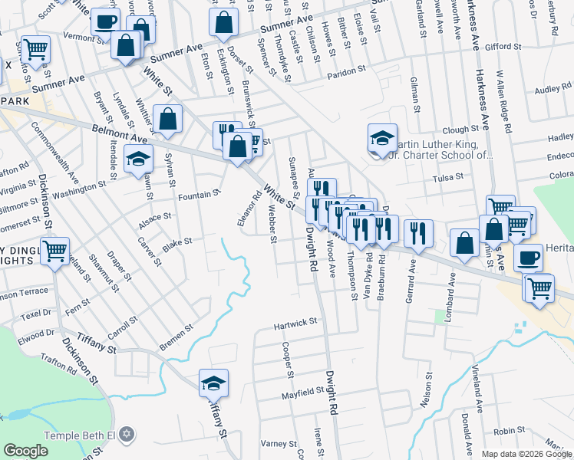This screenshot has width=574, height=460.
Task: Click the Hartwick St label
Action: (x=296, y=324)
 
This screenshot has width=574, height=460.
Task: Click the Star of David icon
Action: (x=127, y=435)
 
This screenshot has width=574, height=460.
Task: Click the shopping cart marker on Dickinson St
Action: (x=55, y=251)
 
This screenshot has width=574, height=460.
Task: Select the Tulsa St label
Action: (x=447, y=176)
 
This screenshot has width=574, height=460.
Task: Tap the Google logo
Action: (x=25, y=451)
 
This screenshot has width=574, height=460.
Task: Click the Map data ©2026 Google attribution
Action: (x=526, y=453)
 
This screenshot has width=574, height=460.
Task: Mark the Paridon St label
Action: (x=347, y=71)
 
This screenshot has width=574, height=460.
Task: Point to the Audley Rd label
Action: (x=553, y=89)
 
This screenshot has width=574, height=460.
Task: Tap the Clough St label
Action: (x=460, y=130)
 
